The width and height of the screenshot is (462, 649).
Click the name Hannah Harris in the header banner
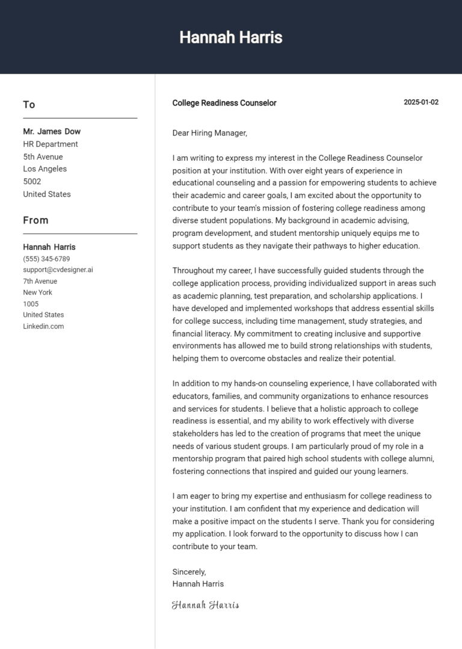pos(230,37)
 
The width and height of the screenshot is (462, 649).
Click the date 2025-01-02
pos(420,102)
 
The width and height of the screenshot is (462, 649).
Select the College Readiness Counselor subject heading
pos(224,103)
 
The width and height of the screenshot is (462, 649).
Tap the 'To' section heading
pos(29,105)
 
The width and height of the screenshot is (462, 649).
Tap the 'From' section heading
pos(35,220)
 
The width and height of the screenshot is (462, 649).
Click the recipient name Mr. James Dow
pos(52,131)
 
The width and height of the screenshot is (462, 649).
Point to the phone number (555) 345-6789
pos(46,259)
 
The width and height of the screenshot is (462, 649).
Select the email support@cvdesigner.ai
pos(58,270)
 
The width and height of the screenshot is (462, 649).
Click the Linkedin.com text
pos(43,326)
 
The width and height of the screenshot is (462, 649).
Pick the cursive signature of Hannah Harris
pos(205,605)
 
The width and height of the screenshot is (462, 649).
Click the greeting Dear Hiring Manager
pos(209,133)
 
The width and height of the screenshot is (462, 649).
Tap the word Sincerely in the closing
pos(189,571)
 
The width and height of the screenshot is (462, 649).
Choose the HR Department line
pos(51,144)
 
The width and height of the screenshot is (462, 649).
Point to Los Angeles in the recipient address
pos(45,169)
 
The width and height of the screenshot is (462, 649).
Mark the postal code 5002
pos(32,181)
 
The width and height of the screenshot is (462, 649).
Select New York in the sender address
pos(37,293)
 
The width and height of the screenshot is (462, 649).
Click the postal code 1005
pos(31,304)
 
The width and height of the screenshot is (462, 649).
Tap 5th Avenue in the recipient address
pos(43,157)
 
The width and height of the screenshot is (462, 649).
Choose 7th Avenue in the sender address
pos(40,281)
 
